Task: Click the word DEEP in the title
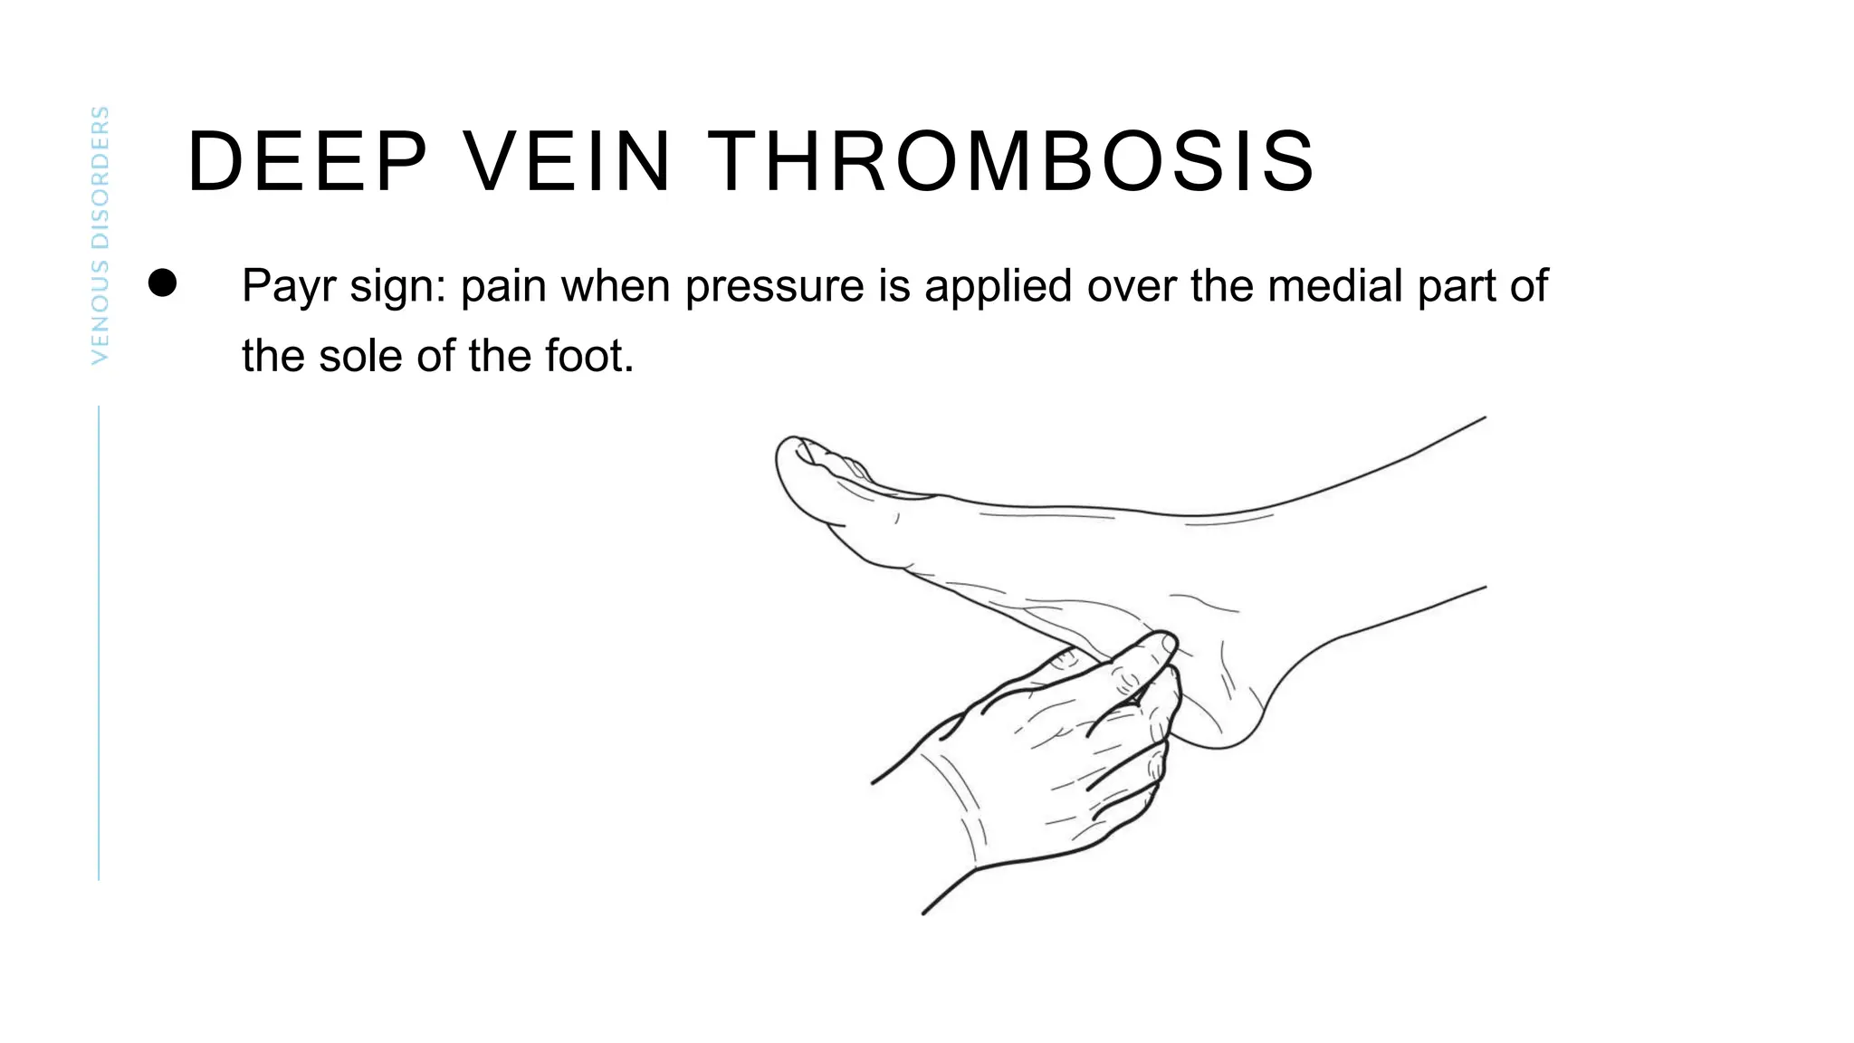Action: pos(307,162)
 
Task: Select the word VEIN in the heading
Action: pos(567,162)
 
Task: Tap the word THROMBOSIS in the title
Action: pos(1010,162)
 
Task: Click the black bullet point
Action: pos(163,282)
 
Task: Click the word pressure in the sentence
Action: pos(775,287)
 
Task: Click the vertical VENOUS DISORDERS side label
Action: pos(100,235)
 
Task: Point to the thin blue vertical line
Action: pos(99,643)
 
